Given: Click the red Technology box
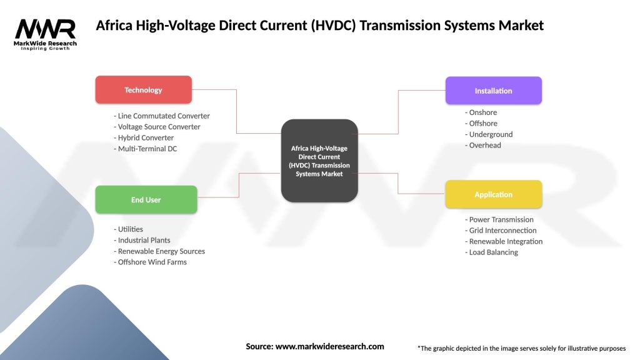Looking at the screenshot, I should pos(143,90).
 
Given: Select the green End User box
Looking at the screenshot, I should pos(146,200).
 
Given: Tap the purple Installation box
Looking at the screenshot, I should pos(493,91).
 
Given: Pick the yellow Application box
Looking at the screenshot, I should pos(493,194).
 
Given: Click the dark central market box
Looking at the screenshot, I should pos(319,161).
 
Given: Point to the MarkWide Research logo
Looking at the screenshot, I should pos(46,34).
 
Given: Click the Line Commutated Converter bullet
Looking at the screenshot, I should pos(162,116).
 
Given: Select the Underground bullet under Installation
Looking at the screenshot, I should pos(489,134).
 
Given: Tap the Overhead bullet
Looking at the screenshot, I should pos(483,145).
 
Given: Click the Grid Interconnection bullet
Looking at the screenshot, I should pos(501,231).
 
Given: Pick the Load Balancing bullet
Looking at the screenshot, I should pos(491,252).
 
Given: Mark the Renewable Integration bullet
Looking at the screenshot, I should pos(504,241).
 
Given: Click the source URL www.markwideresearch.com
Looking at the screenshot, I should pos(330,346).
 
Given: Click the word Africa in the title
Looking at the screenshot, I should pos(114,26).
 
